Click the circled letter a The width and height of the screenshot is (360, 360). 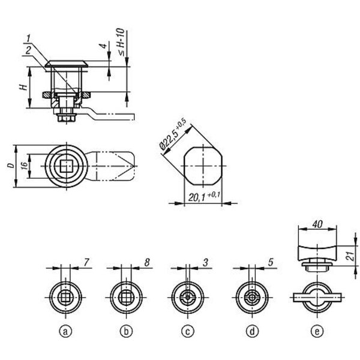65,331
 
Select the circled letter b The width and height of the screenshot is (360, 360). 126,331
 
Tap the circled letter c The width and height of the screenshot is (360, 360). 188,331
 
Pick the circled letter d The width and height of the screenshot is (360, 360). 252,331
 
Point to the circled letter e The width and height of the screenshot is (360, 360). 317,331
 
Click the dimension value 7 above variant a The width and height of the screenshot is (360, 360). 86,262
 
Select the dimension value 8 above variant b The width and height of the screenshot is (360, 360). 147,262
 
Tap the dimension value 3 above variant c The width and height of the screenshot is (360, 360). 205,262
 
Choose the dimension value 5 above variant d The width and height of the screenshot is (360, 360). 271,262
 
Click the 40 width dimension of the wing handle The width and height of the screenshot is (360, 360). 317,224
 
